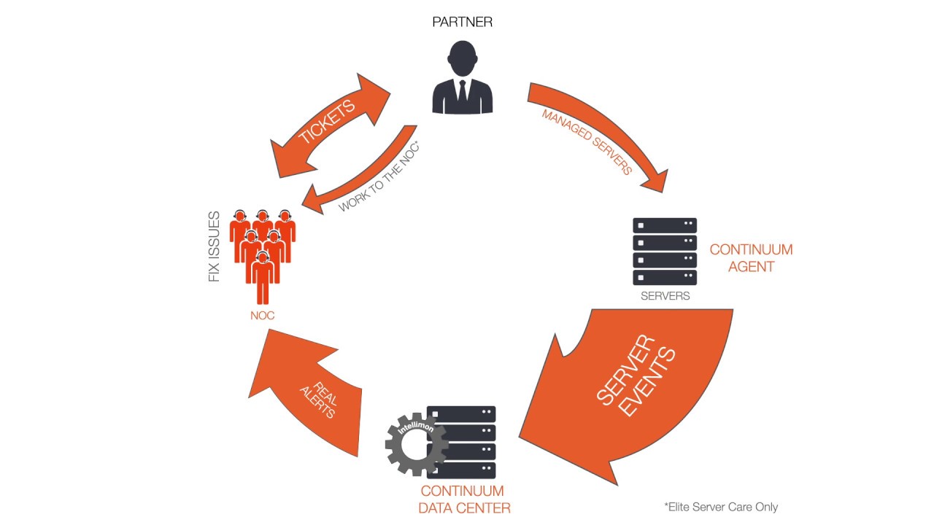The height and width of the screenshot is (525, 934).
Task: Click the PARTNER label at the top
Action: point(462,22)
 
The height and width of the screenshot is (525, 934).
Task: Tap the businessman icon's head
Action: point(462,58)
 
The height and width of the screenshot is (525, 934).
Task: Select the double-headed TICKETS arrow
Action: point(331,125)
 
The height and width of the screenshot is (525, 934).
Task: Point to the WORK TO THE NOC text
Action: point(378,176)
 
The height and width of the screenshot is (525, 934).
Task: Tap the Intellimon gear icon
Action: point(417,444)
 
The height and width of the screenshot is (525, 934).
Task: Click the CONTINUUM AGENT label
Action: point(751,258)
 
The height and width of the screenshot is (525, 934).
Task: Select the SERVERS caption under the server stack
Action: point(665,296)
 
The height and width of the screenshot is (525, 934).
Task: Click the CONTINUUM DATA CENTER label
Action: point(464,499)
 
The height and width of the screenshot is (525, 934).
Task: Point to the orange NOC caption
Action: point(262,316)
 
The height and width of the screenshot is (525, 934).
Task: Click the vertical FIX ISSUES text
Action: point(214,246)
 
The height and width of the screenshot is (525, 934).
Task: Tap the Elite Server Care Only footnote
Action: point(721,507)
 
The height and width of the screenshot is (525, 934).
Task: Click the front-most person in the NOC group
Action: point(263,278)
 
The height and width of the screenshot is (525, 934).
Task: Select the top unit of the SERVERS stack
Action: point(665,225)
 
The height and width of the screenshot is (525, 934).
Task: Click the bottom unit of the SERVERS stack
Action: point(665,278)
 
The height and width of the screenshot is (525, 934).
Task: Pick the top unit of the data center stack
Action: point(461,413)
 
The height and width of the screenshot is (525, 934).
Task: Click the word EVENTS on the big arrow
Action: point(647,381)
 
